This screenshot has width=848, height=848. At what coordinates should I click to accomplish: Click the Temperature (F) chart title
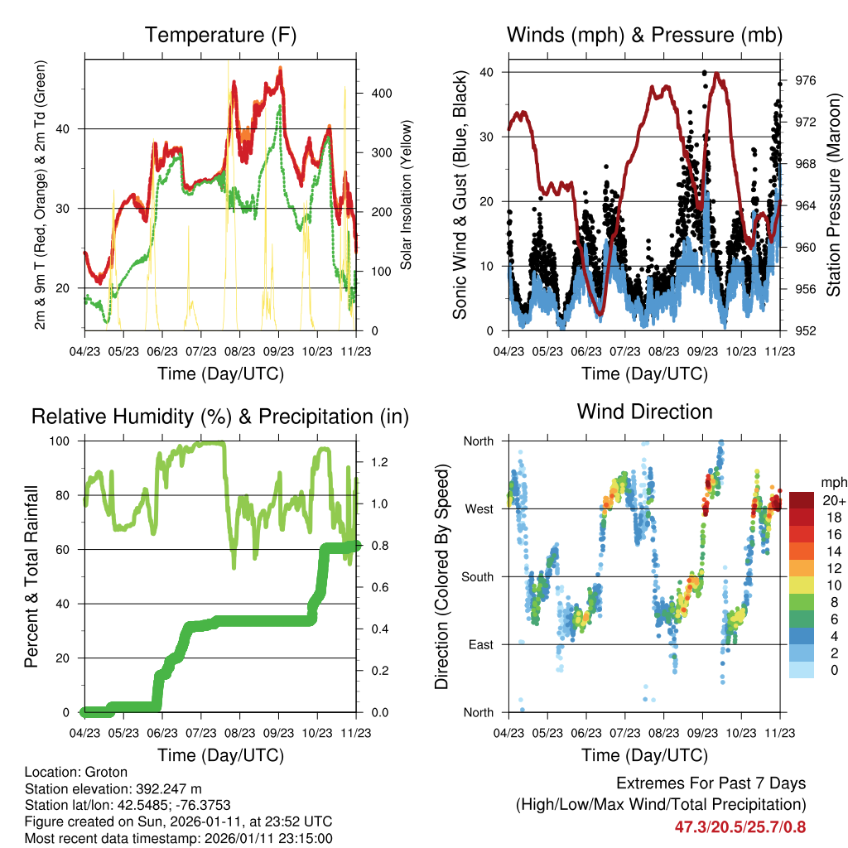tap(220, 36)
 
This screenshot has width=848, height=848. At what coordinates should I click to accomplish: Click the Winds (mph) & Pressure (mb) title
tap(644, 36)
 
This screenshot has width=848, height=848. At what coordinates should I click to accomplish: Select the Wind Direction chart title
tap(644, 412)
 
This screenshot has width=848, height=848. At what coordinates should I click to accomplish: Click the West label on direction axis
tap(478, 508)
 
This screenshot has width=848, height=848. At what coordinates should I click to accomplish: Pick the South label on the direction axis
tap(476, 576)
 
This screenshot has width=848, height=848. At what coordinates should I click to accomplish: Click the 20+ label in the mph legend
tap(832, 500)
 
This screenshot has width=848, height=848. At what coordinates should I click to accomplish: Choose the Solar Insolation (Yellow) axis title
tap(407, 195)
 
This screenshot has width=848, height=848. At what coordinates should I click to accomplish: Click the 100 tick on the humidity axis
tap(61, 441)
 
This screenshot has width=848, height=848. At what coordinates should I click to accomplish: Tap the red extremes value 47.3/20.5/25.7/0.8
tap(740, 826)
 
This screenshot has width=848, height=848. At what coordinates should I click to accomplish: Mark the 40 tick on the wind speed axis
tap(486, 72)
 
